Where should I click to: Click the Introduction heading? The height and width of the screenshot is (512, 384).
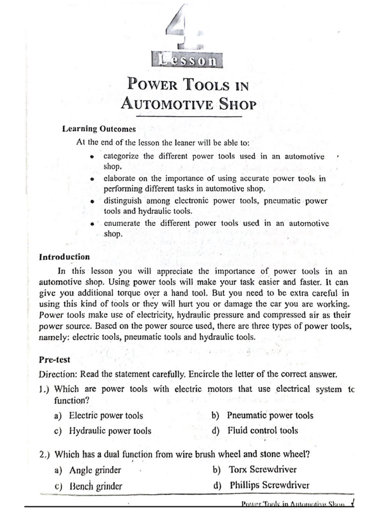[64, 257]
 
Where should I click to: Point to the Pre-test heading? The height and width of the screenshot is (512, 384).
[54, 359]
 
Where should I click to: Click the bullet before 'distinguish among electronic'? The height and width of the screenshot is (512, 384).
[92, 201]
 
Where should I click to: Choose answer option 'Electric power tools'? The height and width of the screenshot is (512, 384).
[105, 415]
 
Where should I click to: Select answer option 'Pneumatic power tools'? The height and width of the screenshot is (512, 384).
[270, 415]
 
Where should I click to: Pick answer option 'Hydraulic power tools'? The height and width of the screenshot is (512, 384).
[109, 430]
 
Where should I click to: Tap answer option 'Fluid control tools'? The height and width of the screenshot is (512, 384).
[262, 430]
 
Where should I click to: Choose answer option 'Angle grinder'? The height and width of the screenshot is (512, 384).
[95, 470]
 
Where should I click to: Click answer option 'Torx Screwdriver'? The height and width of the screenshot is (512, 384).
[262, 469]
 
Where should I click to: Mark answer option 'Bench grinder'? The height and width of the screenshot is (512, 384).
[95, 485]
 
